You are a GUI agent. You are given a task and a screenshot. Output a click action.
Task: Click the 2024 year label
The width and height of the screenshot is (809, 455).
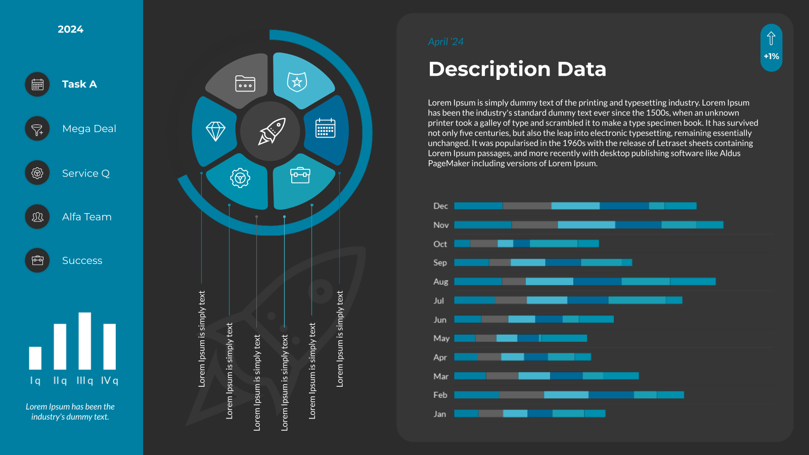click(x=70, y=29)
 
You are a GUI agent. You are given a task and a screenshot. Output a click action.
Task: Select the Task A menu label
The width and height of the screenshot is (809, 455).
click(x=79, y=84)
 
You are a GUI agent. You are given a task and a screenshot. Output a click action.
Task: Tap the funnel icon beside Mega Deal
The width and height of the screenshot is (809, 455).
click(x=37, y=129)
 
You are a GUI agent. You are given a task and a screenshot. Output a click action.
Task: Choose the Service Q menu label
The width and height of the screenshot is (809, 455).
click(x=86, y=173)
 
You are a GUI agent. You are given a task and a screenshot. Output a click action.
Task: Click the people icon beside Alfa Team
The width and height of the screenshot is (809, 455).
click(x=37, y=217)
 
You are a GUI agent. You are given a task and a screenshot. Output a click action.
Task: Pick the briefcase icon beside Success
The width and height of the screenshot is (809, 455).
click(x=37, y=260)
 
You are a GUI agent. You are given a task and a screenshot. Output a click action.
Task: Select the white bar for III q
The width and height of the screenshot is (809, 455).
click(x=85, y=341)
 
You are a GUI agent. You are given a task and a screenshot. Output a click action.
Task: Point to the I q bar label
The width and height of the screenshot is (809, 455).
click(x=35, y=381)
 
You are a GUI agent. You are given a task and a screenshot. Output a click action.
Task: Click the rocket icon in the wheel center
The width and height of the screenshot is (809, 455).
click(x=272, y=131)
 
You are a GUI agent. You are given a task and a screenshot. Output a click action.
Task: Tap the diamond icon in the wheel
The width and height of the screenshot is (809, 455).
click(x=215, y=131)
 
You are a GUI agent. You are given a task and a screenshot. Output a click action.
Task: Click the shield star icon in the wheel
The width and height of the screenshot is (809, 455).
click(x=297, y=81)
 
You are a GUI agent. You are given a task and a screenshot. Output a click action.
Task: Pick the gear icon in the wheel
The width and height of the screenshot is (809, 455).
click(x=240, y=178)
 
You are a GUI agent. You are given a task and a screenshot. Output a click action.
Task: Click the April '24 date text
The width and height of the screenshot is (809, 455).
click(x=445, y=42)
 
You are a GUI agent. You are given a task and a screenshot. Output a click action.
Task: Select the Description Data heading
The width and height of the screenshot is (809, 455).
click(x=517, y=69)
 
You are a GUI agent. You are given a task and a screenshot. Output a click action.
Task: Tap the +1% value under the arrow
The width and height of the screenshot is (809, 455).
click(x=771, y=57)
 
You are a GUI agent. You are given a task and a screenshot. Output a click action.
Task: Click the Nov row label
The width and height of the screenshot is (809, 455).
click(x=441, y=225)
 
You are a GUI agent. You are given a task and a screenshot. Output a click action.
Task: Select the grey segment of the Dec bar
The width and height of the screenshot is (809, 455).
click(x=527, y=206)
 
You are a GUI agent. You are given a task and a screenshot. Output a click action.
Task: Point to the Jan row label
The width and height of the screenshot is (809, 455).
click(x=440, y=414)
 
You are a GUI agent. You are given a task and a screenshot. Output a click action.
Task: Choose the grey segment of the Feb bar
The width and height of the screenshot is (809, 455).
click(x=521, y=395)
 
